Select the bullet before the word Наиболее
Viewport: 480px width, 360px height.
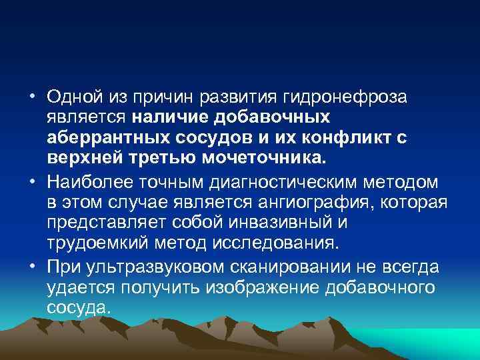[32, 182]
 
